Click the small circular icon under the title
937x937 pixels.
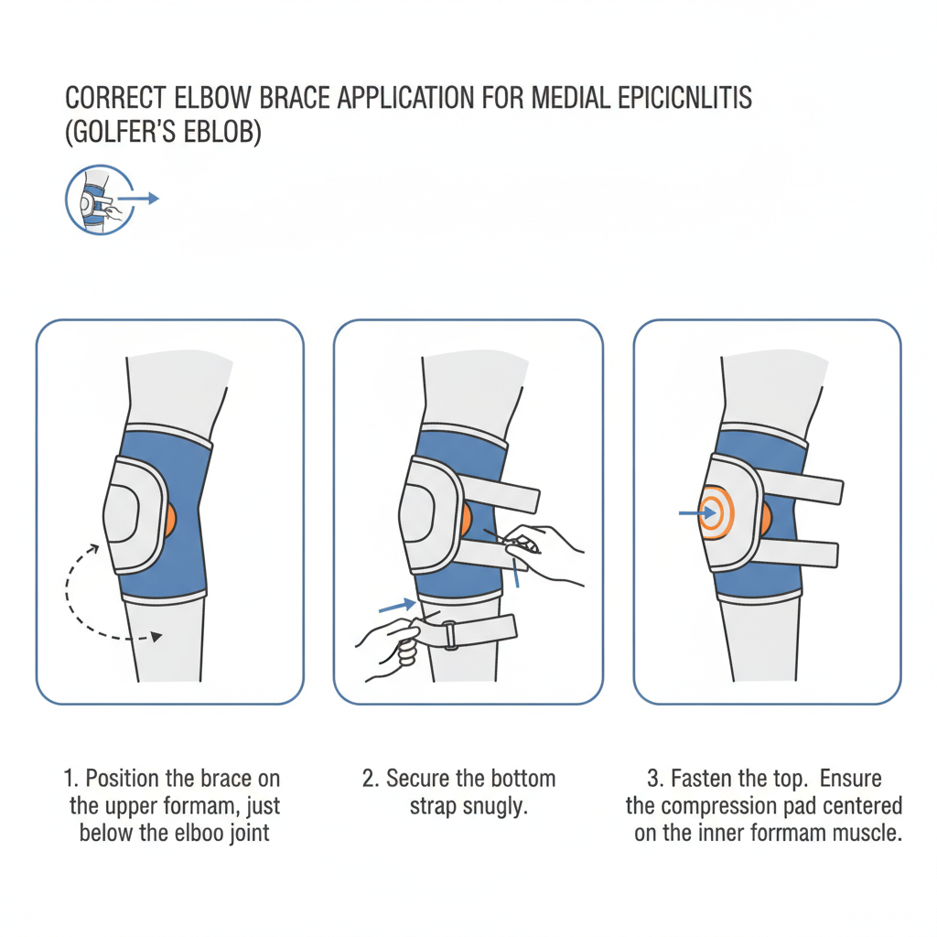tap(99, 199)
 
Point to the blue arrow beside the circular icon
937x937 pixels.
tap(138, 199)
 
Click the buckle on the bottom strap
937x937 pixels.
tap(450, 635)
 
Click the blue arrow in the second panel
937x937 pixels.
tap(397, 606)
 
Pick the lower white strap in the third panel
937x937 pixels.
tap(799, 552)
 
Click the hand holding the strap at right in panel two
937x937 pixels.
tap(541, 553)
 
